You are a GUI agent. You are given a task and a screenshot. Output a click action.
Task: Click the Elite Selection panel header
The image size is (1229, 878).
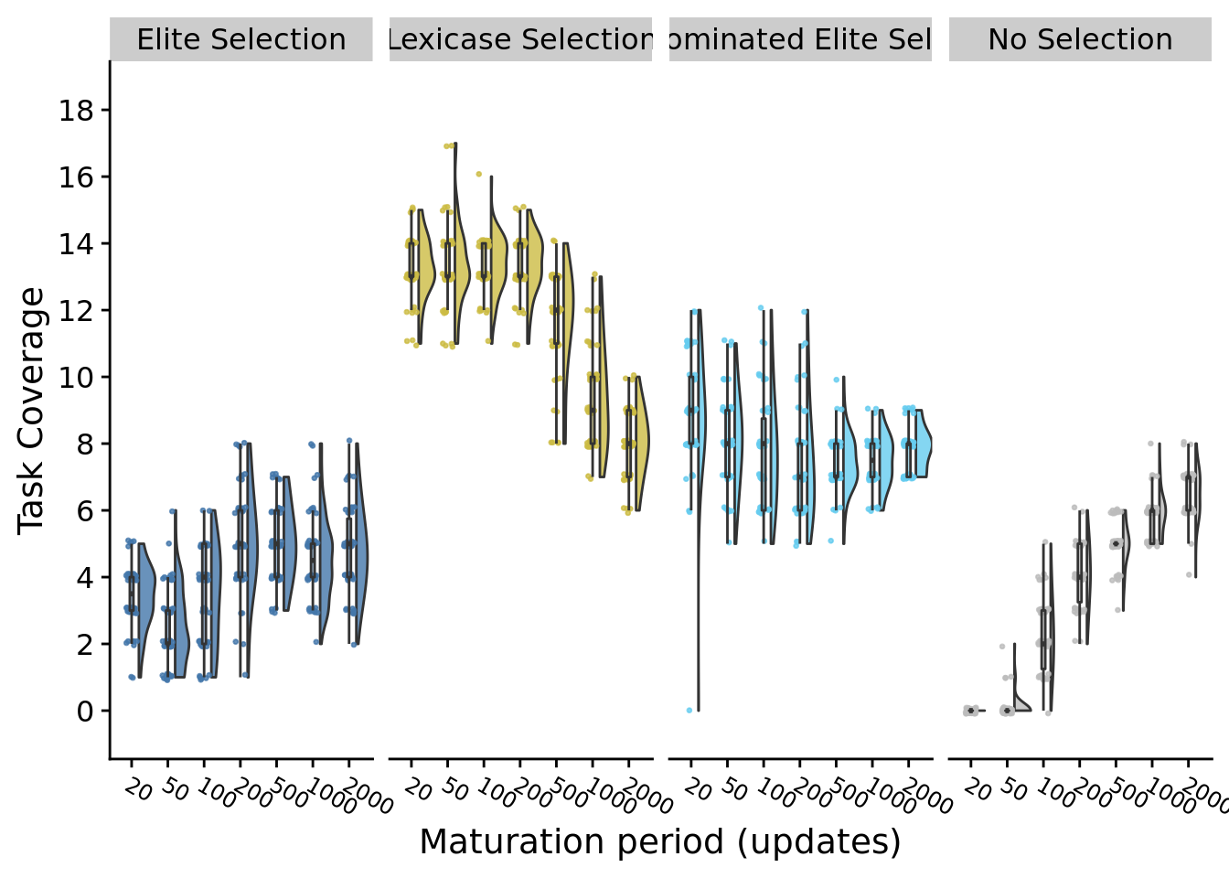pyautogui.click(x=241, y=40)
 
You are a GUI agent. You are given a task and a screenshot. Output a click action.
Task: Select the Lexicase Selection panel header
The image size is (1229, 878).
pyautogui.click(x=520, y=40)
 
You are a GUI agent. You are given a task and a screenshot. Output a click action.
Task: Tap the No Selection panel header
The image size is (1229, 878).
pyautogui.click(x=1080, y=40)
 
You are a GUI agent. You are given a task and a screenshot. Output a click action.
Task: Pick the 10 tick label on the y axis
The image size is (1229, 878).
pyautogui.click(x=77, y=377)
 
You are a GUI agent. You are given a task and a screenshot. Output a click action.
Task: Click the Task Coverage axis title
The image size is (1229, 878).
pyautogui.click(x=32, y=410)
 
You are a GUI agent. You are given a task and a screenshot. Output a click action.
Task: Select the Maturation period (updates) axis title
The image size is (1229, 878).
pyautogui.click(x=659, y=841)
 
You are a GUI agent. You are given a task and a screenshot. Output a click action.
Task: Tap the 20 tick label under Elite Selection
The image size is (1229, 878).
pyautogui.click(x=137, y=788)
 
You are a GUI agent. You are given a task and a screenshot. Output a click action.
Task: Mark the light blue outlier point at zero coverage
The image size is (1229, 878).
pyautogui.click(x=689, y=710)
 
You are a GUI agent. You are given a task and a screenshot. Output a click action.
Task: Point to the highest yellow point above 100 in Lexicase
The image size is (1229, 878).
pyautogui.click(x=478, y=174)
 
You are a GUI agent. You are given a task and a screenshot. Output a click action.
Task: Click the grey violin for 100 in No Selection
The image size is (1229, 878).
pyautogui.click(x=1049, y=631)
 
